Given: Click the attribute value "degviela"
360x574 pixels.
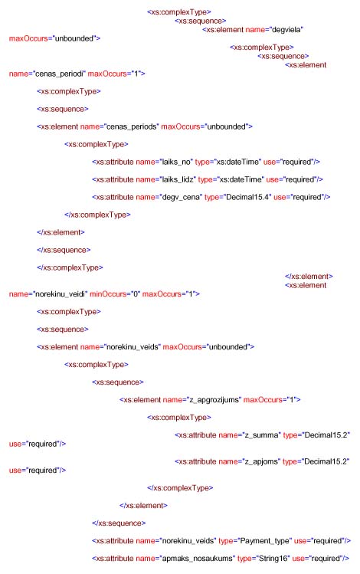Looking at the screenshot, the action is pos(286,30).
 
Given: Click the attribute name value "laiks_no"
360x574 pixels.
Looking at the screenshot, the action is pos(176,162).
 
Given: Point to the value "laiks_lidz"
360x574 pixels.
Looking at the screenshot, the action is pos(178,179).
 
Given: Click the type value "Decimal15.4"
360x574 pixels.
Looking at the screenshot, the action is pos(247,197).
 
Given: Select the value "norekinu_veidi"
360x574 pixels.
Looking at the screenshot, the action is pos(60,294).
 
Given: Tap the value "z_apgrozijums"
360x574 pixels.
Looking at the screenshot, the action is pos(214,400).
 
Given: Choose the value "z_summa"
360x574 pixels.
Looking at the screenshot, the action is pos(262,435).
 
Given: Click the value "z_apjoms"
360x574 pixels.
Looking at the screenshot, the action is pos(261,461).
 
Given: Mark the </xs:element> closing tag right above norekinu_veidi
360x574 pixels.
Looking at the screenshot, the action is pos(309,277).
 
